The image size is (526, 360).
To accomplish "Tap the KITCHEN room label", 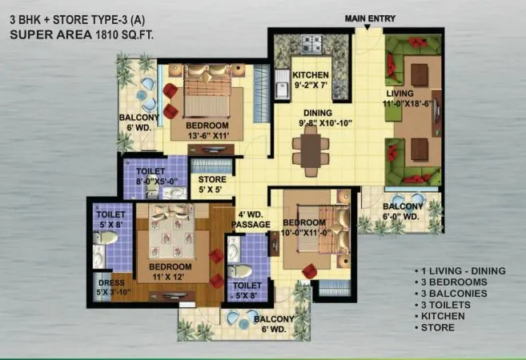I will tap(309, 75).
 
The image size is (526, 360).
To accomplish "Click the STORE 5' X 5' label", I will tap(212, 185).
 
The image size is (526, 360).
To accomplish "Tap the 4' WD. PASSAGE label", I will tap(251, 220).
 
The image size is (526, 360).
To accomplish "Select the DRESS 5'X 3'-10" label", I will tap(110, 286).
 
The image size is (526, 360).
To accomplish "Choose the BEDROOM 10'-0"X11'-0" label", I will tap(305, 227).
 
